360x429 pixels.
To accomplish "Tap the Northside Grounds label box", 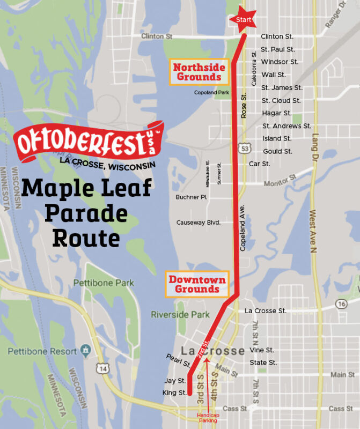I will tap(197, 72).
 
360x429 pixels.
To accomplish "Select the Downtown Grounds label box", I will tap(197, 284).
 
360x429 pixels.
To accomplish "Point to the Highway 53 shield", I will tap(245, 147).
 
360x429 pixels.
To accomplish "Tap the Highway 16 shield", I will tap(342, 304).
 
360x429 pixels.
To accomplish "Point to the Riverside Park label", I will tap(180, 314).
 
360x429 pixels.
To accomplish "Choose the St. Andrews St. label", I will tap(286, 126).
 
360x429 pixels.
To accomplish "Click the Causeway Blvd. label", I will tap(199, 222).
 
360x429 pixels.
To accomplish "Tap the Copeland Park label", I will tap(211, 93).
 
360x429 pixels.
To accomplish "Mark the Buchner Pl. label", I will tap(191, 197).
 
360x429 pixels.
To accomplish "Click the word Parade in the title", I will tap(86, 213).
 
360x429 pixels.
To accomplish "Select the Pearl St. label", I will tap(178, 360).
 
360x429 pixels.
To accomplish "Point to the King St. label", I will tap(174, 393).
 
